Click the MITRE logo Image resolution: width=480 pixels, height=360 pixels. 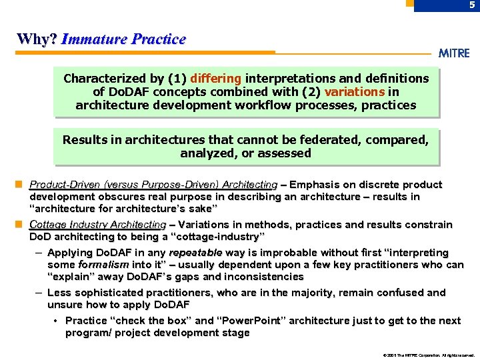point(454,53)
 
